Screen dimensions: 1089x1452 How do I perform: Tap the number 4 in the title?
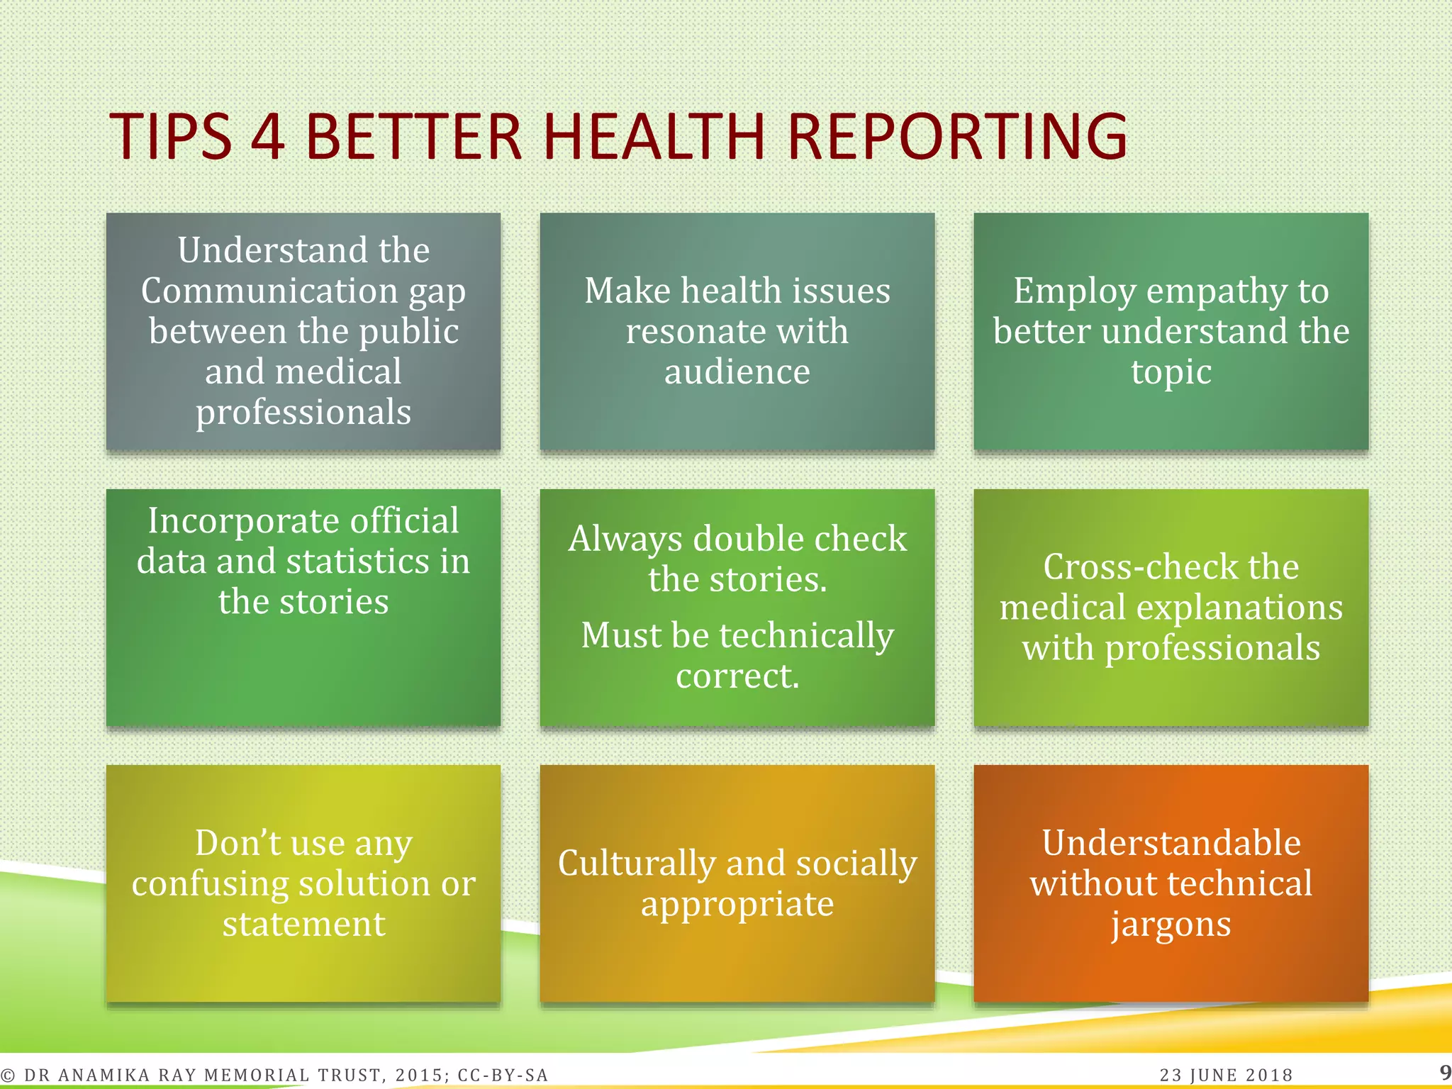[268, 136]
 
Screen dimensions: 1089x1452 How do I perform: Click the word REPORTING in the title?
[956, 136]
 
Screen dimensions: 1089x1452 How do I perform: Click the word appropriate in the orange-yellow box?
[737, 905]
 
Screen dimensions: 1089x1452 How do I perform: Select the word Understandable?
[1171, 843]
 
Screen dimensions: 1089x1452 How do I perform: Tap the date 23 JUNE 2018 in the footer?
[1226, 1076]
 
